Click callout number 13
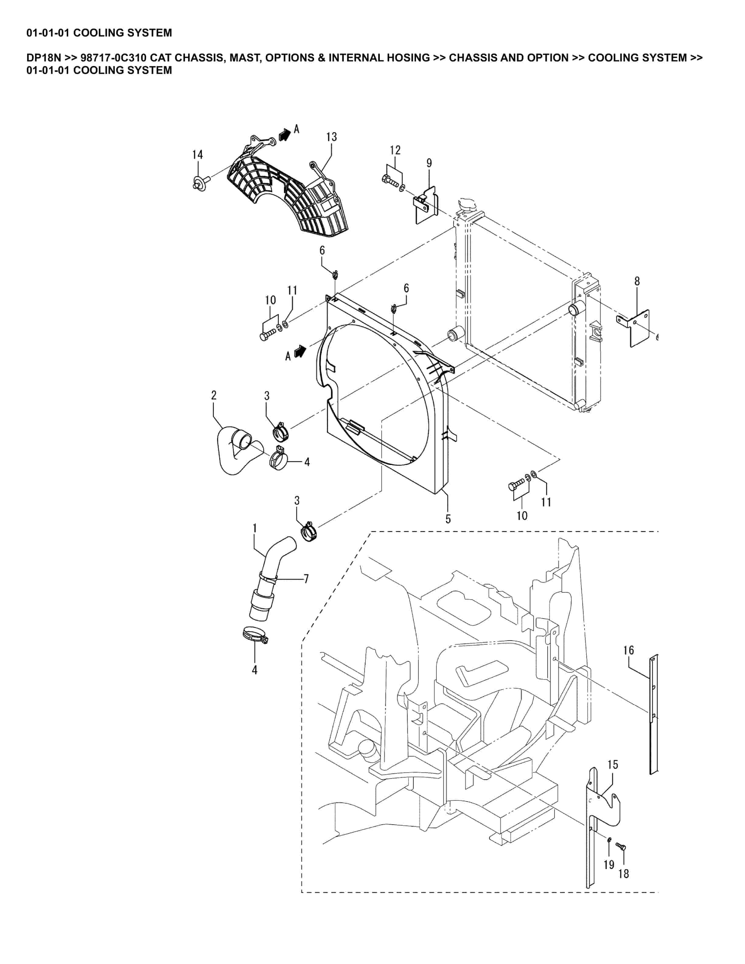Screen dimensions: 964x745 click(x=331, y=137)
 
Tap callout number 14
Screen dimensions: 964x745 click(x=197, y=155)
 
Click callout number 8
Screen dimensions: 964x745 click(x=637, y=281)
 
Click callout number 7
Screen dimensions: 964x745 click(x=306, y=579)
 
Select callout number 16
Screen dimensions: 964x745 click(x=628, y=650)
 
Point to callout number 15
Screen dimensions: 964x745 click(x=613, y=764)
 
